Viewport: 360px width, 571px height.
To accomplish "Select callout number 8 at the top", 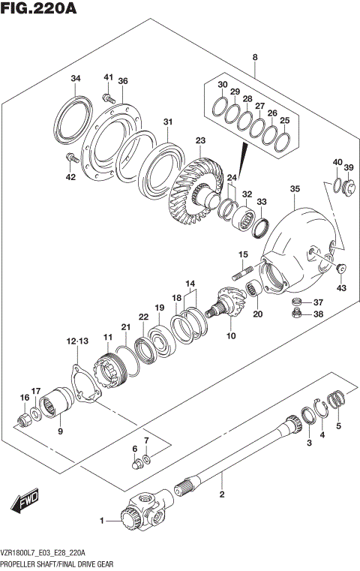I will pyautogui.click(x=255, y=58).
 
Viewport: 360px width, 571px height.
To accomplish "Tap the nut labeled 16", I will pyautogui.click(x=24, y=415).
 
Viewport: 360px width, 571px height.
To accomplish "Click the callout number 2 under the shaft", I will pyautogui.click(x=221, y=494).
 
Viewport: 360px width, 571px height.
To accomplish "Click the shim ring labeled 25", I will pyautogui.click(x=284, y=141).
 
